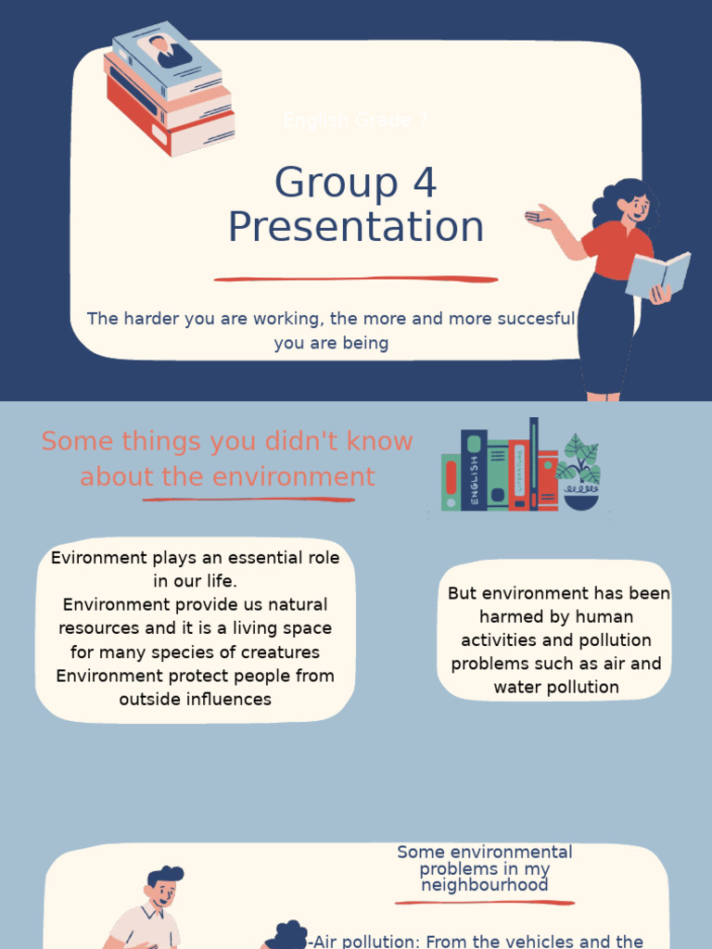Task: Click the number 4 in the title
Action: [x=425, y=183]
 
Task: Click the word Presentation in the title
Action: [x=356, y=228]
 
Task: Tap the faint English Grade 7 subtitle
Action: [x=356, y=120]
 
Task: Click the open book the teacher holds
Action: [x=658, y=274]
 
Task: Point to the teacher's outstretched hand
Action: [x=539, y=217]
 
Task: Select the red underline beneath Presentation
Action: [x=356, y=278]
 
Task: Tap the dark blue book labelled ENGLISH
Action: [x=474, y=470]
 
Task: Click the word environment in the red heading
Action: [x=305, y=477]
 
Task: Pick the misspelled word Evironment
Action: [x=99, y=558]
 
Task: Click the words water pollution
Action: [x=556, y=688]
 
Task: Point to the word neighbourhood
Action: [x=484, y=885]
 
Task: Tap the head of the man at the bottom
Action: [x=163, y=886]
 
